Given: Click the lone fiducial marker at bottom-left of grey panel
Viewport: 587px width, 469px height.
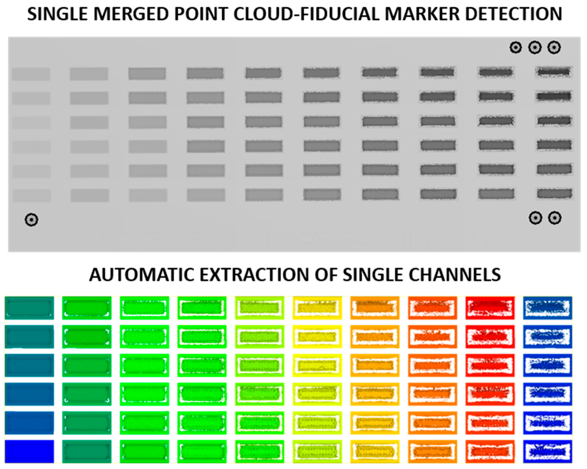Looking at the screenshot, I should coord(31,220).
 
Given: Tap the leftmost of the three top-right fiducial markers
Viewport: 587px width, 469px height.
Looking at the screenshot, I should coord(515,48).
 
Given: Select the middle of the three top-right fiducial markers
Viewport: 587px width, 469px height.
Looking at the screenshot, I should coord(535,48).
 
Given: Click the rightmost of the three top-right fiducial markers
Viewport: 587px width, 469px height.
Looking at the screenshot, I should coord(554,48).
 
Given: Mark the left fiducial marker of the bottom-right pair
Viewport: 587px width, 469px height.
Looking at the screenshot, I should coord(535,218).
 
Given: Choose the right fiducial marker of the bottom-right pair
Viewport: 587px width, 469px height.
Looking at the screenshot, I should coord(555,218).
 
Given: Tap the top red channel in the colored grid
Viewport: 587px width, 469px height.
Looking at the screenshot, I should coord(490,308).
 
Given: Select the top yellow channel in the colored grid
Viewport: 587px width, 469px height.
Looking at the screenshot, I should coord(317,308).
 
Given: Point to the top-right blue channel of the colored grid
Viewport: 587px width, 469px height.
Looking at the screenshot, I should coord(548,308).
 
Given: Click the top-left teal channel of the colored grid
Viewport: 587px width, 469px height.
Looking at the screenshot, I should coord(29,308).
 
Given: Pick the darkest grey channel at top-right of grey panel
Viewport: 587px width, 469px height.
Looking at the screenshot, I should coord(554,72).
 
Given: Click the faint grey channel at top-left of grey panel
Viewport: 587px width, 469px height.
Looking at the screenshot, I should coord(31,74).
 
